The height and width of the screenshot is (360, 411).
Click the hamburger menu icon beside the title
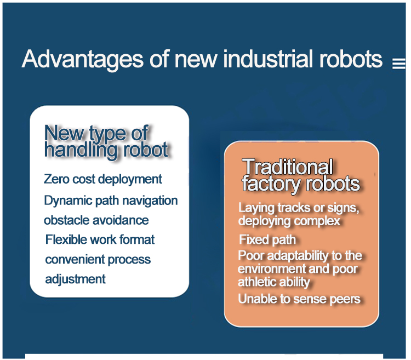(x=399, y=64)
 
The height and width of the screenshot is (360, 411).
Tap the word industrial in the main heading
(x=269, y=59)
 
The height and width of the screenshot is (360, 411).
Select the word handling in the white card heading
(x=81, y=150)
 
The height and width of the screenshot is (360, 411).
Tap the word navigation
(x=150, y=201)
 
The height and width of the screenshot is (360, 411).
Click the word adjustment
(x=76, y=279)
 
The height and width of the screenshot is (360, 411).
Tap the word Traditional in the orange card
(x=288, y=167)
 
